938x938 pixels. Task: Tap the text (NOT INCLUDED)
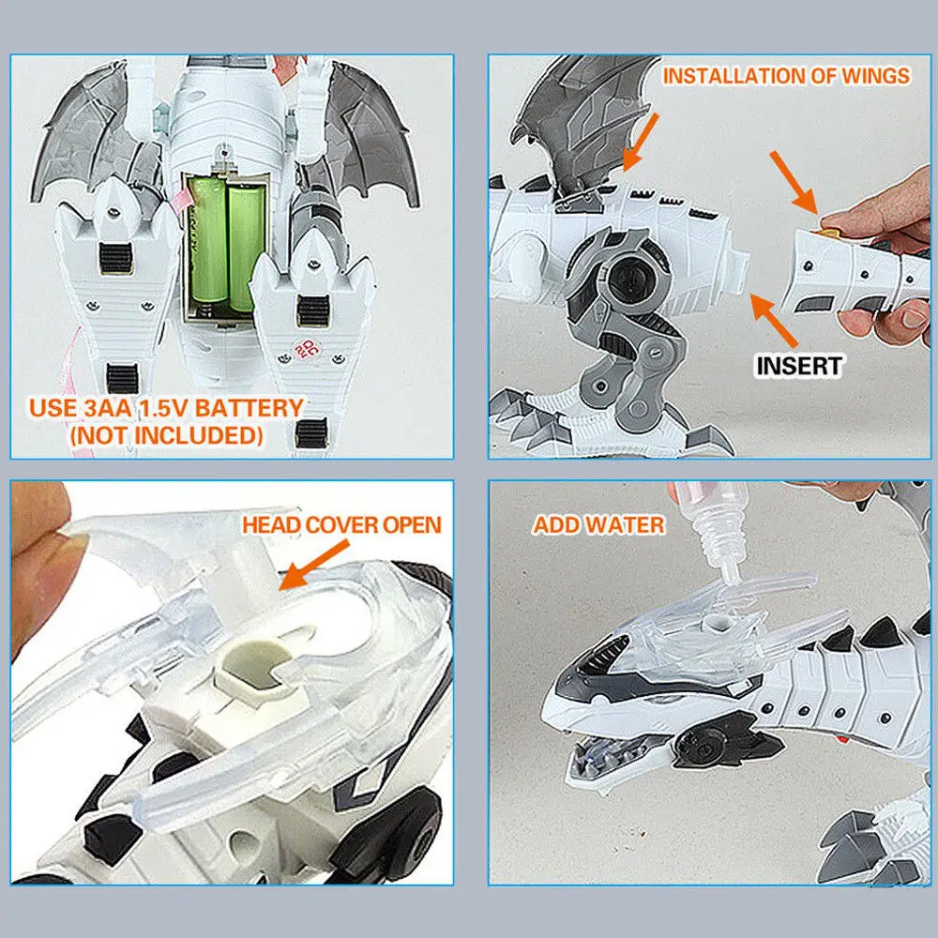tap(167, 435)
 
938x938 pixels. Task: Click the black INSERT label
tap(799, 366)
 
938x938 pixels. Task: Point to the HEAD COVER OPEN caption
tap(341, 524)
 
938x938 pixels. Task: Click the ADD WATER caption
tap(598, 525)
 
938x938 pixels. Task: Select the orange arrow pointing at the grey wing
tap(641, 142)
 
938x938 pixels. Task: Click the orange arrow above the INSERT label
tap(774, 320)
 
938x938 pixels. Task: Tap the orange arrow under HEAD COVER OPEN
tap(313, 565)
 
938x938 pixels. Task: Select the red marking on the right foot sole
tap(306, 349)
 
